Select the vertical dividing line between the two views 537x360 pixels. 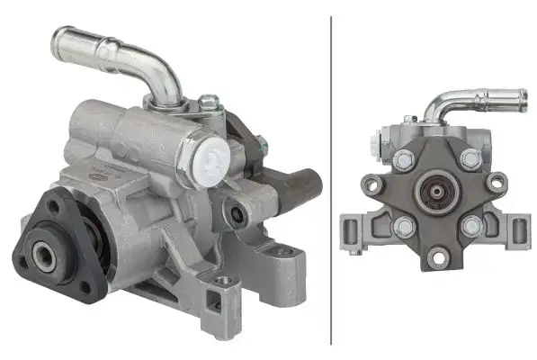tap(331, 180)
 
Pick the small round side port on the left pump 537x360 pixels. tap(237, 214)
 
